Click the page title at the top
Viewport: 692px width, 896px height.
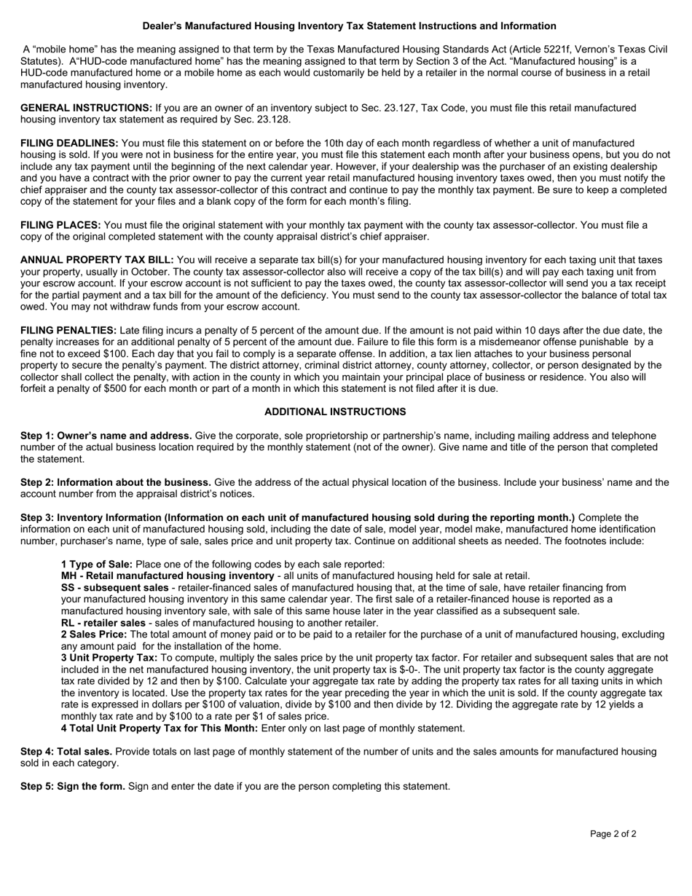[x=349, y=26]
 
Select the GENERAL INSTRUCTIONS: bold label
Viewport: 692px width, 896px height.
[x=86, y=108]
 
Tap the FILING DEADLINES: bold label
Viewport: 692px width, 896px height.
[x=69, y=144]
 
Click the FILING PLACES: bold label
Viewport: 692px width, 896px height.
[x=60, y=225]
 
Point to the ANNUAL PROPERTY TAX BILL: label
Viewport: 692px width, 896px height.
[x=97, y=260]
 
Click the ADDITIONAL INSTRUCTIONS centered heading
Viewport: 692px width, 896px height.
[x=335, y=412]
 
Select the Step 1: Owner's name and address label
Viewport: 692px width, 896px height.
[x=106, y=436]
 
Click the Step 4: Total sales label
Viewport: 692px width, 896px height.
[x=66, y=751]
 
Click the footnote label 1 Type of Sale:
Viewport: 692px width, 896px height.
[x=97, y=564]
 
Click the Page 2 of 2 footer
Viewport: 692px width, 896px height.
[x=613, y=834]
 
